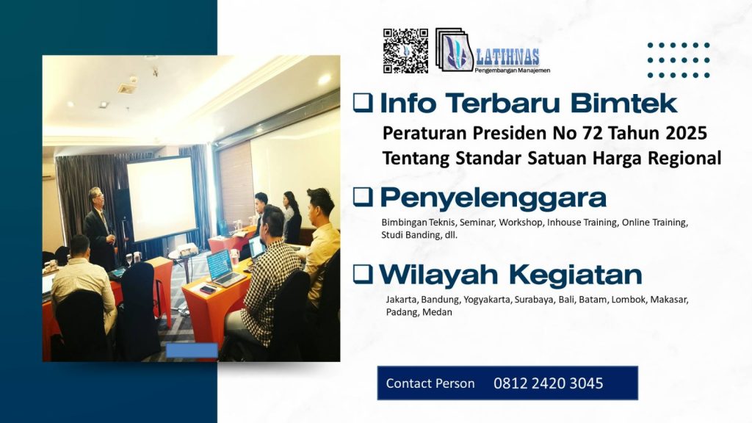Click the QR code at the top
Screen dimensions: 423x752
(405, 51)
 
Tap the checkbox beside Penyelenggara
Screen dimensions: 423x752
(362, 196)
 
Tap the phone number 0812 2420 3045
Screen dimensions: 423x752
(548, 383)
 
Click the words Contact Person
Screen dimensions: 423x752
(430, 383)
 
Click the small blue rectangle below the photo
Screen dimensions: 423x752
(192, 350)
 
